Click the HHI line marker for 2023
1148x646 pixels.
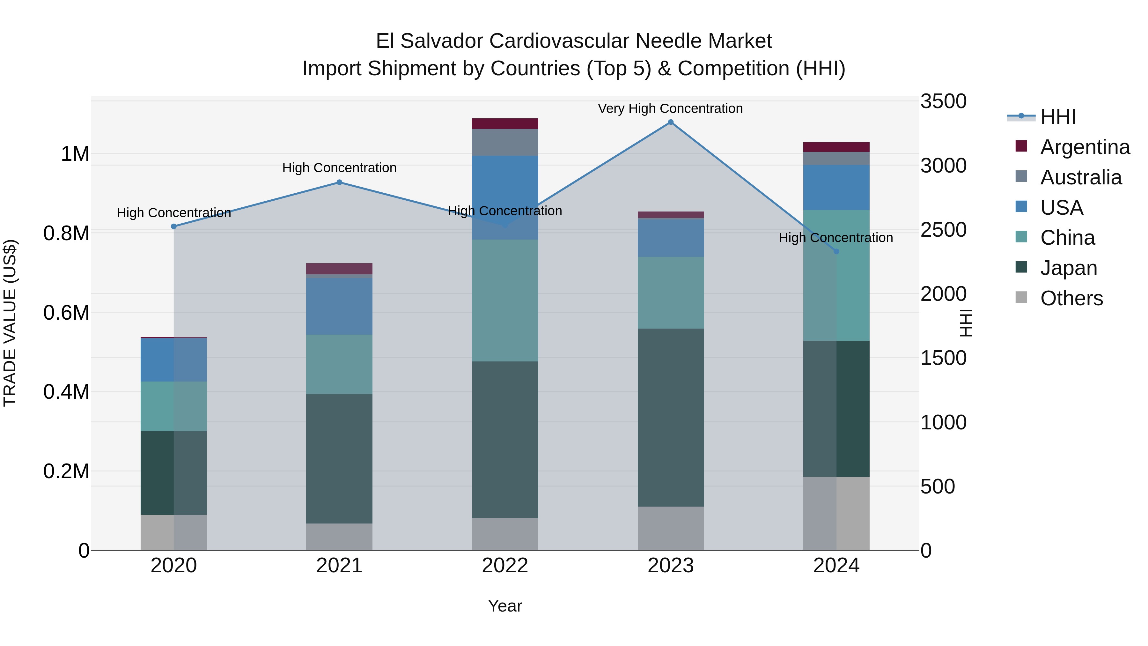[x=670, y=122]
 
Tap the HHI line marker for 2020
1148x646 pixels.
[x=174, y=226]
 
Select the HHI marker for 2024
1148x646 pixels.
[x=836, y=251]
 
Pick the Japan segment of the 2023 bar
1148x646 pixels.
[x=670, y=417]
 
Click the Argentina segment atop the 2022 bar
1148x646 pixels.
[x=504, y=123]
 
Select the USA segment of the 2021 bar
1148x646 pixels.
[x=339, y=306]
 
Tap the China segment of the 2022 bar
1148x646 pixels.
[x=504, y=300]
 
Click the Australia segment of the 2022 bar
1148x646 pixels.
[x=504, y=142]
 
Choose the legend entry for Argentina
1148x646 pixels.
[x=1085, y=147]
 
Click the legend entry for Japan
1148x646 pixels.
[x=1068, y=268]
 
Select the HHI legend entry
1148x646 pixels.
[x=1057, y=117]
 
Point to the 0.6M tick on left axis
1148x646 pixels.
[x=66, y=313]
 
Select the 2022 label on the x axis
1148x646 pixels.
[x=504, y=566]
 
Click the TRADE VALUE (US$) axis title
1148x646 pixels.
[x=10, y=323]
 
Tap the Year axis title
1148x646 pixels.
[x=504, y=606]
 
